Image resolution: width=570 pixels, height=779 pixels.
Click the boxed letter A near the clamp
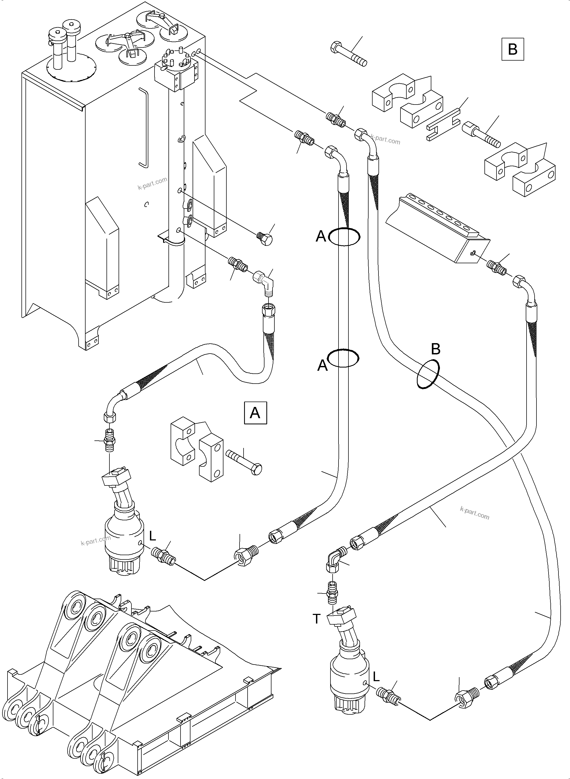[255, 413]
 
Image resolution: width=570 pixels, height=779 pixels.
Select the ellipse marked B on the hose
[428, 374]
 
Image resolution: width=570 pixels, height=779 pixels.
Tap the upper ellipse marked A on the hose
[344, 236]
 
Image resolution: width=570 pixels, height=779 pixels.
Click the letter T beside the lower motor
[317, 619]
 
